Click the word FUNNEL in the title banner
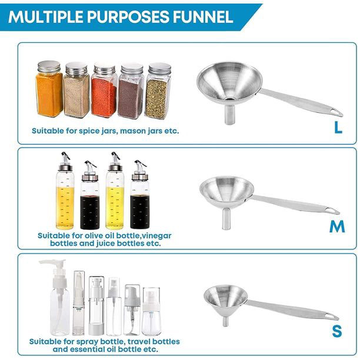point(203,16)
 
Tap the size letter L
point(338,127)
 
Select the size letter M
point(337,226)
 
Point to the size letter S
point(337,331)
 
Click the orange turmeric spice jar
point(49,89)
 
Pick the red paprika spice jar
point(104,91)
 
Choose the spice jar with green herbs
point(158,91)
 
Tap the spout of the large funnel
point(229,114)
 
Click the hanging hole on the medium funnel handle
point(330,210)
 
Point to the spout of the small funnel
point(226,321)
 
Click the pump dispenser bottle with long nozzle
point(59,297)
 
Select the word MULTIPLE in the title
point(46,16)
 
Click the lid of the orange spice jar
point(49,67)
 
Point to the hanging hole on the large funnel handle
point(335,112)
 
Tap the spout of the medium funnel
point(226,219)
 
